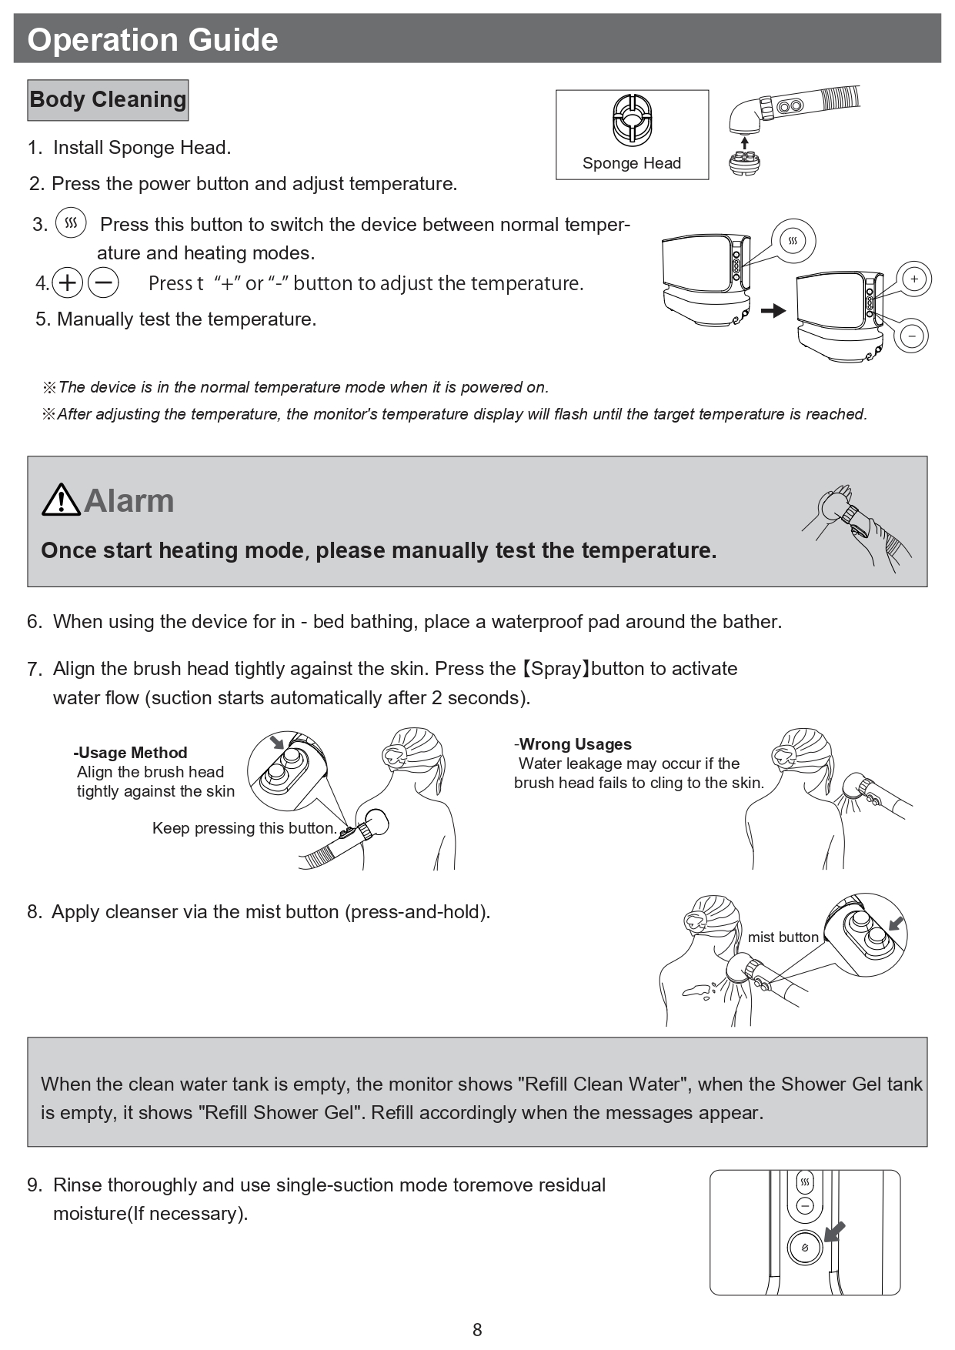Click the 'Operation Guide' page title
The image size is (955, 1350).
(x=152, y=40)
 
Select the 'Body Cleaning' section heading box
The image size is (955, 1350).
(x=108, y=100)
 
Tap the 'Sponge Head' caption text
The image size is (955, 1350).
(x=631, y=163)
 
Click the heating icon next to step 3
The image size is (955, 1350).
(x=71, y=223)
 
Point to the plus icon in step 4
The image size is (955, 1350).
(x=68, y=283)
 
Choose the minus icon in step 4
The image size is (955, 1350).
(x=103, y=283)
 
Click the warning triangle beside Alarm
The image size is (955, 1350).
(x=61, y=500)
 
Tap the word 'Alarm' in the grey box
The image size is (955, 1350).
(x=129, y=501)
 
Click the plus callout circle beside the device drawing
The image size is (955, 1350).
(x=913, y=279)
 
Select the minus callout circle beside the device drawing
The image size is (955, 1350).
(x=912, y=336)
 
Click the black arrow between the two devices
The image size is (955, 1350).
(x=773, y=310)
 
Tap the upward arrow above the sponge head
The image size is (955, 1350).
(x=744, y=142)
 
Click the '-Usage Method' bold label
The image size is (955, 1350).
(x=131, y=753)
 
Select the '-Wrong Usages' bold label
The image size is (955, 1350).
(x=573, y=744)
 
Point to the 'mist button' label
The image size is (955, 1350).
(x=783, y=937)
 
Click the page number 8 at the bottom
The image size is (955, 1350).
(x=477, y=1329)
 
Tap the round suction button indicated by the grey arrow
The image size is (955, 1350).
(x=805, y=1248)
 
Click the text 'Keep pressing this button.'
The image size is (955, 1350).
(x=245, y=828)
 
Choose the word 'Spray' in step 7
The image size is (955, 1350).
(x=556, y=669)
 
